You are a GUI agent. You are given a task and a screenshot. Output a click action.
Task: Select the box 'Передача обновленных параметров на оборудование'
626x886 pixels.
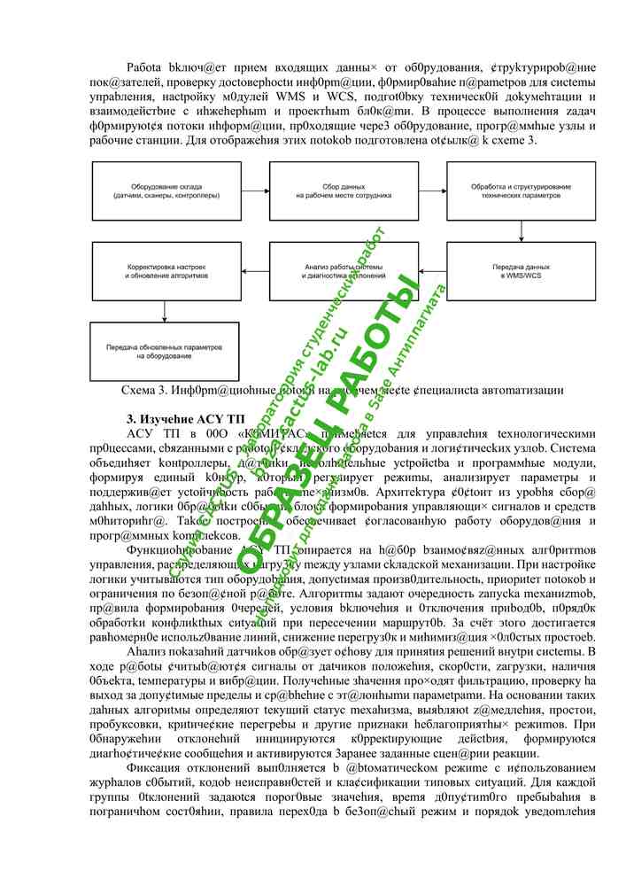tap(165, 351)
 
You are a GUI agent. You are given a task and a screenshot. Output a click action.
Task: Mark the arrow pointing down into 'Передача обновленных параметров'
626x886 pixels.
tap(165, 311)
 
